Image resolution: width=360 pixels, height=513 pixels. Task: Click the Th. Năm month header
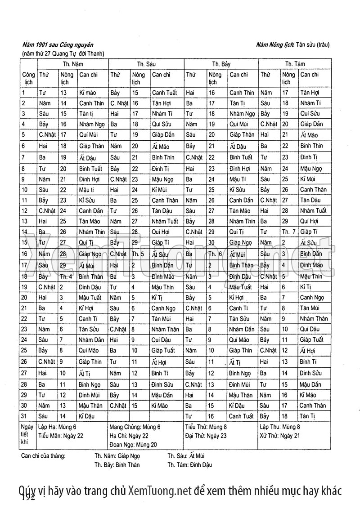click(72, 64)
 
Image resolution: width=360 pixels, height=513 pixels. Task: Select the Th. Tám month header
click(295, 64)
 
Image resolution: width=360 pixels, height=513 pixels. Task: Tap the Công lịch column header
click(28, 78)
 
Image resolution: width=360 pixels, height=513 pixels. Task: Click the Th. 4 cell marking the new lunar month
click(66, 276)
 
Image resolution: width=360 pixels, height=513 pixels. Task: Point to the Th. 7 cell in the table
click(288, 232)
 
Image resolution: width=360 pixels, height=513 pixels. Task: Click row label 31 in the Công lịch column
click(25, 416)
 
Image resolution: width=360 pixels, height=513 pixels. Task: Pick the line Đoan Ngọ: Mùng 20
click(133, 445)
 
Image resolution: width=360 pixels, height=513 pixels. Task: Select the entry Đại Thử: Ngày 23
click(205, 436)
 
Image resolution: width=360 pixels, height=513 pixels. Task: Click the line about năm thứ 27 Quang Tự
click(63, 54)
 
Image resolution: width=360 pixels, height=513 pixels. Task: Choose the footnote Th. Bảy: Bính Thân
click(117, 465)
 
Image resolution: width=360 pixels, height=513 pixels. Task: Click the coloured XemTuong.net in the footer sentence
click(160, 490)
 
